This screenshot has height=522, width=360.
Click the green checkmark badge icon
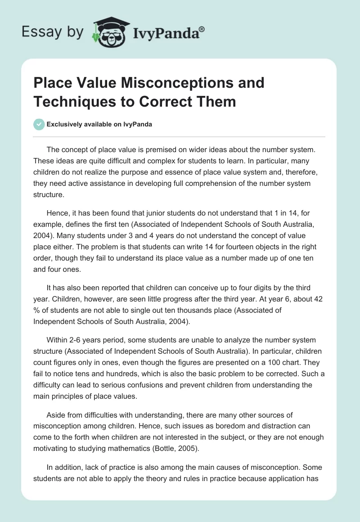tap(39, 124)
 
